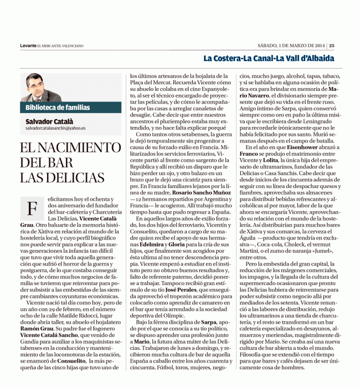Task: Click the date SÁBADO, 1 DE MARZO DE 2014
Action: point(292,45)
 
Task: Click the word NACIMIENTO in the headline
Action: point(79,149)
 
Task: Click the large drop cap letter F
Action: point(32,210)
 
